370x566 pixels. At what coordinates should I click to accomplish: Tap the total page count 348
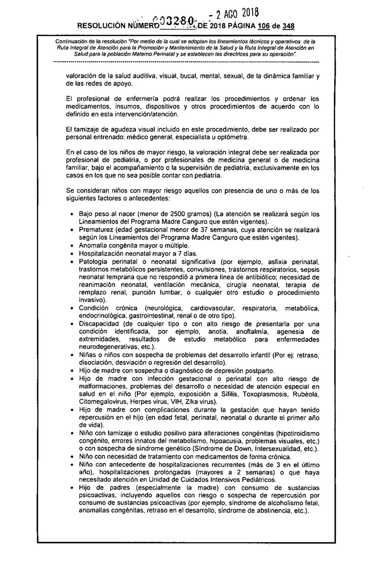pyautogui.click(x=288, y=26)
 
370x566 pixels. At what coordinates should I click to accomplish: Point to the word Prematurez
pyautogui.click(x=95, y=230)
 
